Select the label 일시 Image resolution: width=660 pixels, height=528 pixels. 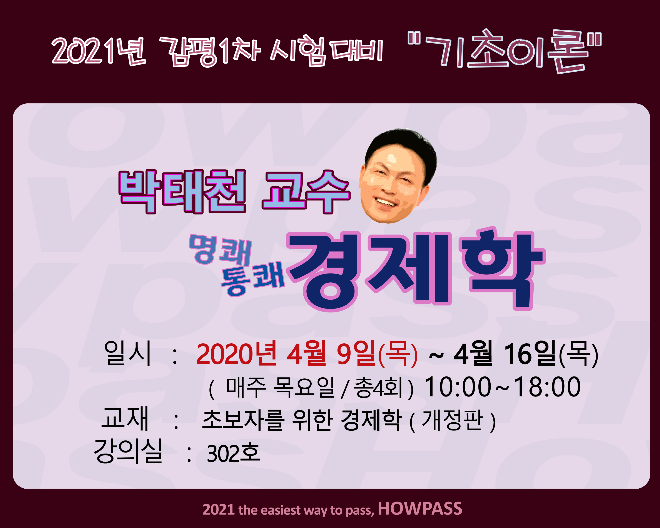(128, 353)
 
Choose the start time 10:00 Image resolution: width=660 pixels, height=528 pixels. (458, 387)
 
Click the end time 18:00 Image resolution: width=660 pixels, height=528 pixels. (547, 387)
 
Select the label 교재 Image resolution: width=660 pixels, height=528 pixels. (125, 418)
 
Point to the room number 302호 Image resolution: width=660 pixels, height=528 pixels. (234, 453)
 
